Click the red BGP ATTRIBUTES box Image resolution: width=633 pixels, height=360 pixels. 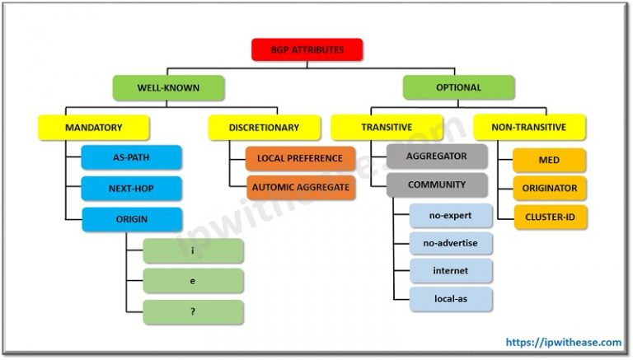[308, 49]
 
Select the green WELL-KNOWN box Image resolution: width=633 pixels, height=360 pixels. [167, 87]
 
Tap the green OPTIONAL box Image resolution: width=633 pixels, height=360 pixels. [458, 87]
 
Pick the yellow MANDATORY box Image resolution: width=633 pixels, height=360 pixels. [94, 127]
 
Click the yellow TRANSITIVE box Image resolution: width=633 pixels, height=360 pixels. [386, 127]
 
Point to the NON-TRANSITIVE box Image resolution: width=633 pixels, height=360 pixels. [529, 127]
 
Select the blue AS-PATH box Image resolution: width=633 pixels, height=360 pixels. [131, 157]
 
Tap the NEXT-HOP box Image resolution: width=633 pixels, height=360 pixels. [131, 188]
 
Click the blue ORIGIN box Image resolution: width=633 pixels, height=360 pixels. [131, 219]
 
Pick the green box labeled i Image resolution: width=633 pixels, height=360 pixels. [193, 250]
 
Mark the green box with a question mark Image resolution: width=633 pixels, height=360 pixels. [193, 311]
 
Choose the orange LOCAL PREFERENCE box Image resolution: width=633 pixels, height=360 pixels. [300, 157]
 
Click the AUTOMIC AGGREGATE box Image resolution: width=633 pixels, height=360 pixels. [300, 187]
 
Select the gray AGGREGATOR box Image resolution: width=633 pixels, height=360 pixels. [436, 156]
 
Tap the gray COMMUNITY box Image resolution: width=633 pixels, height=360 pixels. [436, 185]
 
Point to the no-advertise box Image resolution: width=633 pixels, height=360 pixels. [450, 242]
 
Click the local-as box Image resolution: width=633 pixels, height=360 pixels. [450, 298]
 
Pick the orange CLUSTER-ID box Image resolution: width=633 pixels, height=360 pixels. [550, 217]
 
